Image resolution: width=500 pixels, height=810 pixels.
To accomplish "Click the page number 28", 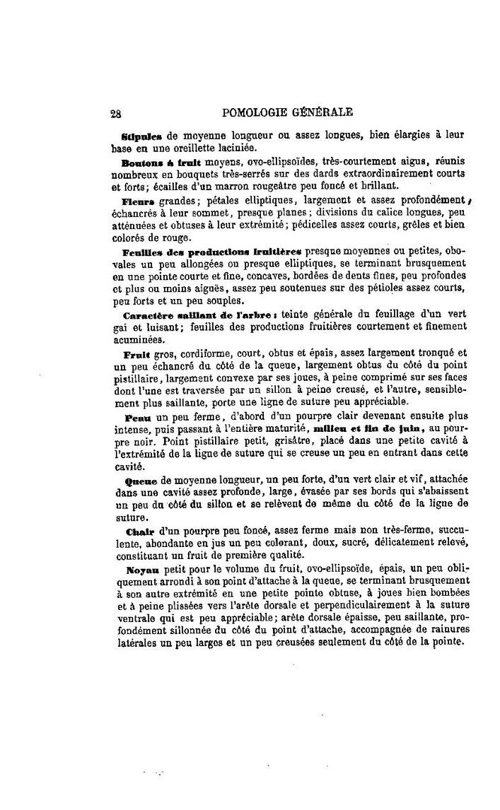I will click(x=117, y=112).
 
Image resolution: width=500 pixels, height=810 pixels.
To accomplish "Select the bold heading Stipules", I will click(x=143, y=135).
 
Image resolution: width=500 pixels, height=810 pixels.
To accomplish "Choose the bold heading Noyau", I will click(x=137, y=569).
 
